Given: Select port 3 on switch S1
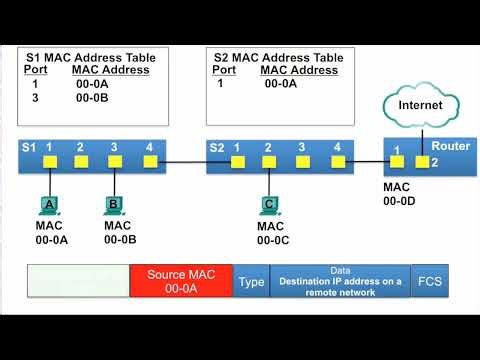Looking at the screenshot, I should (114, 161).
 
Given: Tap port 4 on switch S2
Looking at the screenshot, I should (337, 161).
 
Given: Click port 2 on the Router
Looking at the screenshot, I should (422, 161).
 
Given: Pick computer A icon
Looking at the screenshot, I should (48, 205).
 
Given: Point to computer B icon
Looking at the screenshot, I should (114, 205).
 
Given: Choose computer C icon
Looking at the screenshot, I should (269, 205).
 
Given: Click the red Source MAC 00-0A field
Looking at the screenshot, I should (180, 281).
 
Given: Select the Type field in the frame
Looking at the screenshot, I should (251, 282).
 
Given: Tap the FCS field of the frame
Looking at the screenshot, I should (430, 282).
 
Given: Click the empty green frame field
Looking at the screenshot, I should (78, 282).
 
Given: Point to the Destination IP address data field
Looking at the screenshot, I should (340, 282).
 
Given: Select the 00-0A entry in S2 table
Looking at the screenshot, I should (282, 85).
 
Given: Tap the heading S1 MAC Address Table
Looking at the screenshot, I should (86, 58).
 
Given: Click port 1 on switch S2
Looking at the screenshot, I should (237, 161).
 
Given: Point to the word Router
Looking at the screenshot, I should (450, 146).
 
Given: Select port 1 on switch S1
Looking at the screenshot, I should (48, 161).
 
